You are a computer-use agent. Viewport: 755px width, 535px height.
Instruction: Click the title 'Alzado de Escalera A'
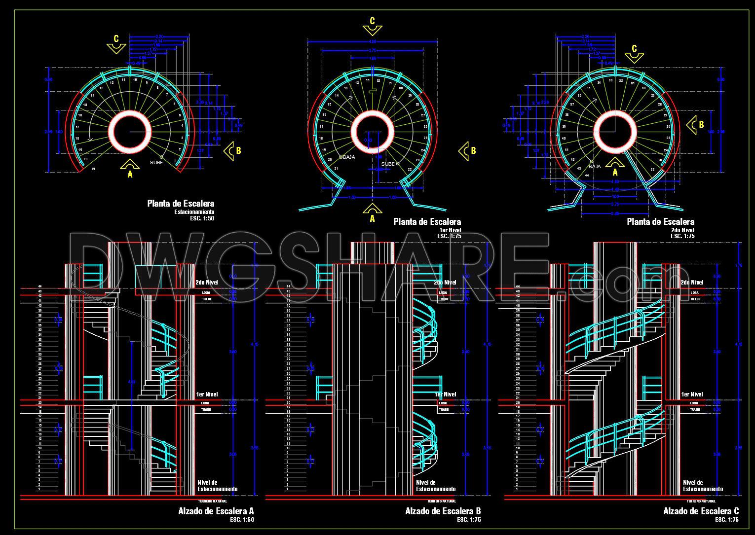(x=216, y=511)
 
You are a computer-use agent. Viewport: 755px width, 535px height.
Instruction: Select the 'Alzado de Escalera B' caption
(x=443, y=511)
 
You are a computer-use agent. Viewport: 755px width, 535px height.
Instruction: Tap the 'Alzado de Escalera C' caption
(x=701, y=511)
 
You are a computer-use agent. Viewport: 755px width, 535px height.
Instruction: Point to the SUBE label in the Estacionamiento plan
(x=156, y=162)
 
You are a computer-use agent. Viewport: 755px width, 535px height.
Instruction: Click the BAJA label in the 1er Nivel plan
(x=349, y=157)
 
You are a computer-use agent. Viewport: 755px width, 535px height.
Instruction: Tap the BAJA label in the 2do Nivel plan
(x=595, y=167)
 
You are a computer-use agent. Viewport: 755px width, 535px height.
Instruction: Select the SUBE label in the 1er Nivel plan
(x=388, y=164)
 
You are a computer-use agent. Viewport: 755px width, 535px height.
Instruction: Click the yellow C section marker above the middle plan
(x=372, y=25)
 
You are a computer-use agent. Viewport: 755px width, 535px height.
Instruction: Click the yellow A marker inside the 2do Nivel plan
(x=615, y=168)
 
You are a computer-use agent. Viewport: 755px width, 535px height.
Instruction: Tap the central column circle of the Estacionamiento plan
(x=130, y=132)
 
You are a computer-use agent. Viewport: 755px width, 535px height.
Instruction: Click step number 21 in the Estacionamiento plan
(x=94, y=169)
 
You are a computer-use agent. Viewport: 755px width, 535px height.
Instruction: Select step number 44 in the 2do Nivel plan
(x=587, y=175)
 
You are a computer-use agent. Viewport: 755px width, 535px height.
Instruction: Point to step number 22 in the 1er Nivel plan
(x=410, y=169)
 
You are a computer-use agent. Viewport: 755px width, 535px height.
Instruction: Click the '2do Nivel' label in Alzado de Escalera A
(x=207, y=283)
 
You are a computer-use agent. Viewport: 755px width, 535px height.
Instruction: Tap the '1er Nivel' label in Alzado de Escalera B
(x=446, y=394)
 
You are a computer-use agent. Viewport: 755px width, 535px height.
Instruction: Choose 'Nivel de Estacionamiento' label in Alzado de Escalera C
(x=703, y=486)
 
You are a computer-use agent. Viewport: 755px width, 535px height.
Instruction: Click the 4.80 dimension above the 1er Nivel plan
(x=373, y=42)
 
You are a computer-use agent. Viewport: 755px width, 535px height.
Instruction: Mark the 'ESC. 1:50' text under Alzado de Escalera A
(x=242, y=520)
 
